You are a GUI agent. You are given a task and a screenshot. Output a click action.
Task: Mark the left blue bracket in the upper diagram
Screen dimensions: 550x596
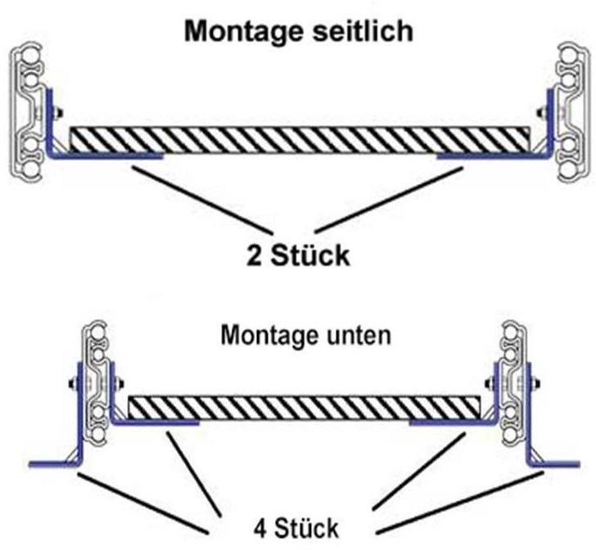coord(98,155)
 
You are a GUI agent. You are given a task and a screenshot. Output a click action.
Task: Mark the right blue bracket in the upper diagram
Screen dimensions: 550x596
coord(491,153)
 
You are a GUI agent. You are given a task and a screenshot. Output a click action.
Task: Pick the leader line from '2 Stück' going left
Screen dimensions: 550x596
coord(201,196)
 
